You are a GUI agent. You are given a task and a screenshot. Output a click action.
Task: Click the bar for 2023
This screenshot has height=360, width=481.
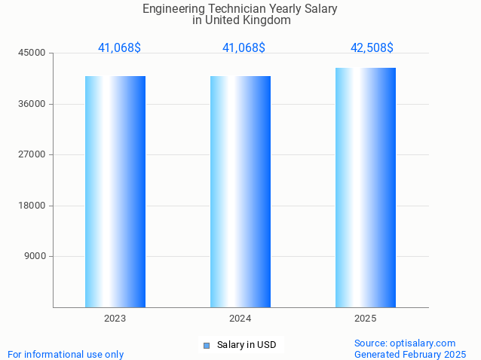(115, 191)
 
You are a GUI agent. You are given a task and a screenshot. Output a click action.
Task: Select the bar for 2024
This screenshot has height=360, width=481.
(240, 191)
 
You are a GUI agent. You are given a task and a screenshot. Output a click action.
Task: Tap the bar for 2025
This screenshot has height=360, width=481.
(366, 188)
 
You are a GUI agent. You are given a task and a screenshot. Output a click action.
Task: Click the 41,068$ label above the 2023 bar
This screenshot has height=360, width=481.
(119, 48)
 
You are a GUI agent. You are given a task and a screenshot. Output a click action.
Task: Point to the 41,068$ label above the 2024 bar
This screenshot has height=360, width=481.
(244, 48)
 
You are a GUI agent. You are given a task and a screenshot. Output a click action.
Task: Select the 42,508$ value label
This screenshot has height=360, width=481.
(372, 48)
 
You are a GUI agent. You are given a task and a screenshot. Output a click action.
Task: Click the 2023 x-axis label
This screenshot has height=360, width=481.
(115, 319)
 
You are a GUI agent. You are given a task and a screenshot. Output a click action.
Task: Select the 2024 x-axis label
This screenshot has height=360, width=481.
(240, 319)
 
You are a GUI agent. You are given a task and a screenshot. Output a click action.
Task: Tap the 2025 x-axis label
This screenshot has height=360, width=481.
(366, 319)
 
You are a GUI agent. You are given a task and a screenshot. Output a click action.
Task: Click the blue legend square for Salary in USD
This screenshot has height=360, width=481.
(206, 346)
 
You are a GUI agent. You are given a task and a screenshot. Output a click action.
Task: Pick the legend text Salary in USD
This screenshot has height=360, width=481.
(247, 346)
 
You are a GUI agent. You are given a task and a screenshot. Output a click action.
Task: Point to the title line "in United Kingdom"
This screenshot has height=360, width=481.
(241, 20)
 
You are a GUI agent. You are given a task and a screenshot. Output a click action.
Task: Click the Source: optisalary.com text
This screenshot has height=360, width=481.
(405, 343)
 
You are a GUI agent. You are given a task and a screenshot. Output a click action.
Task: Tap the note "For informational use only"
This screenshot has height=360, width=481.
(66, 355)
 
